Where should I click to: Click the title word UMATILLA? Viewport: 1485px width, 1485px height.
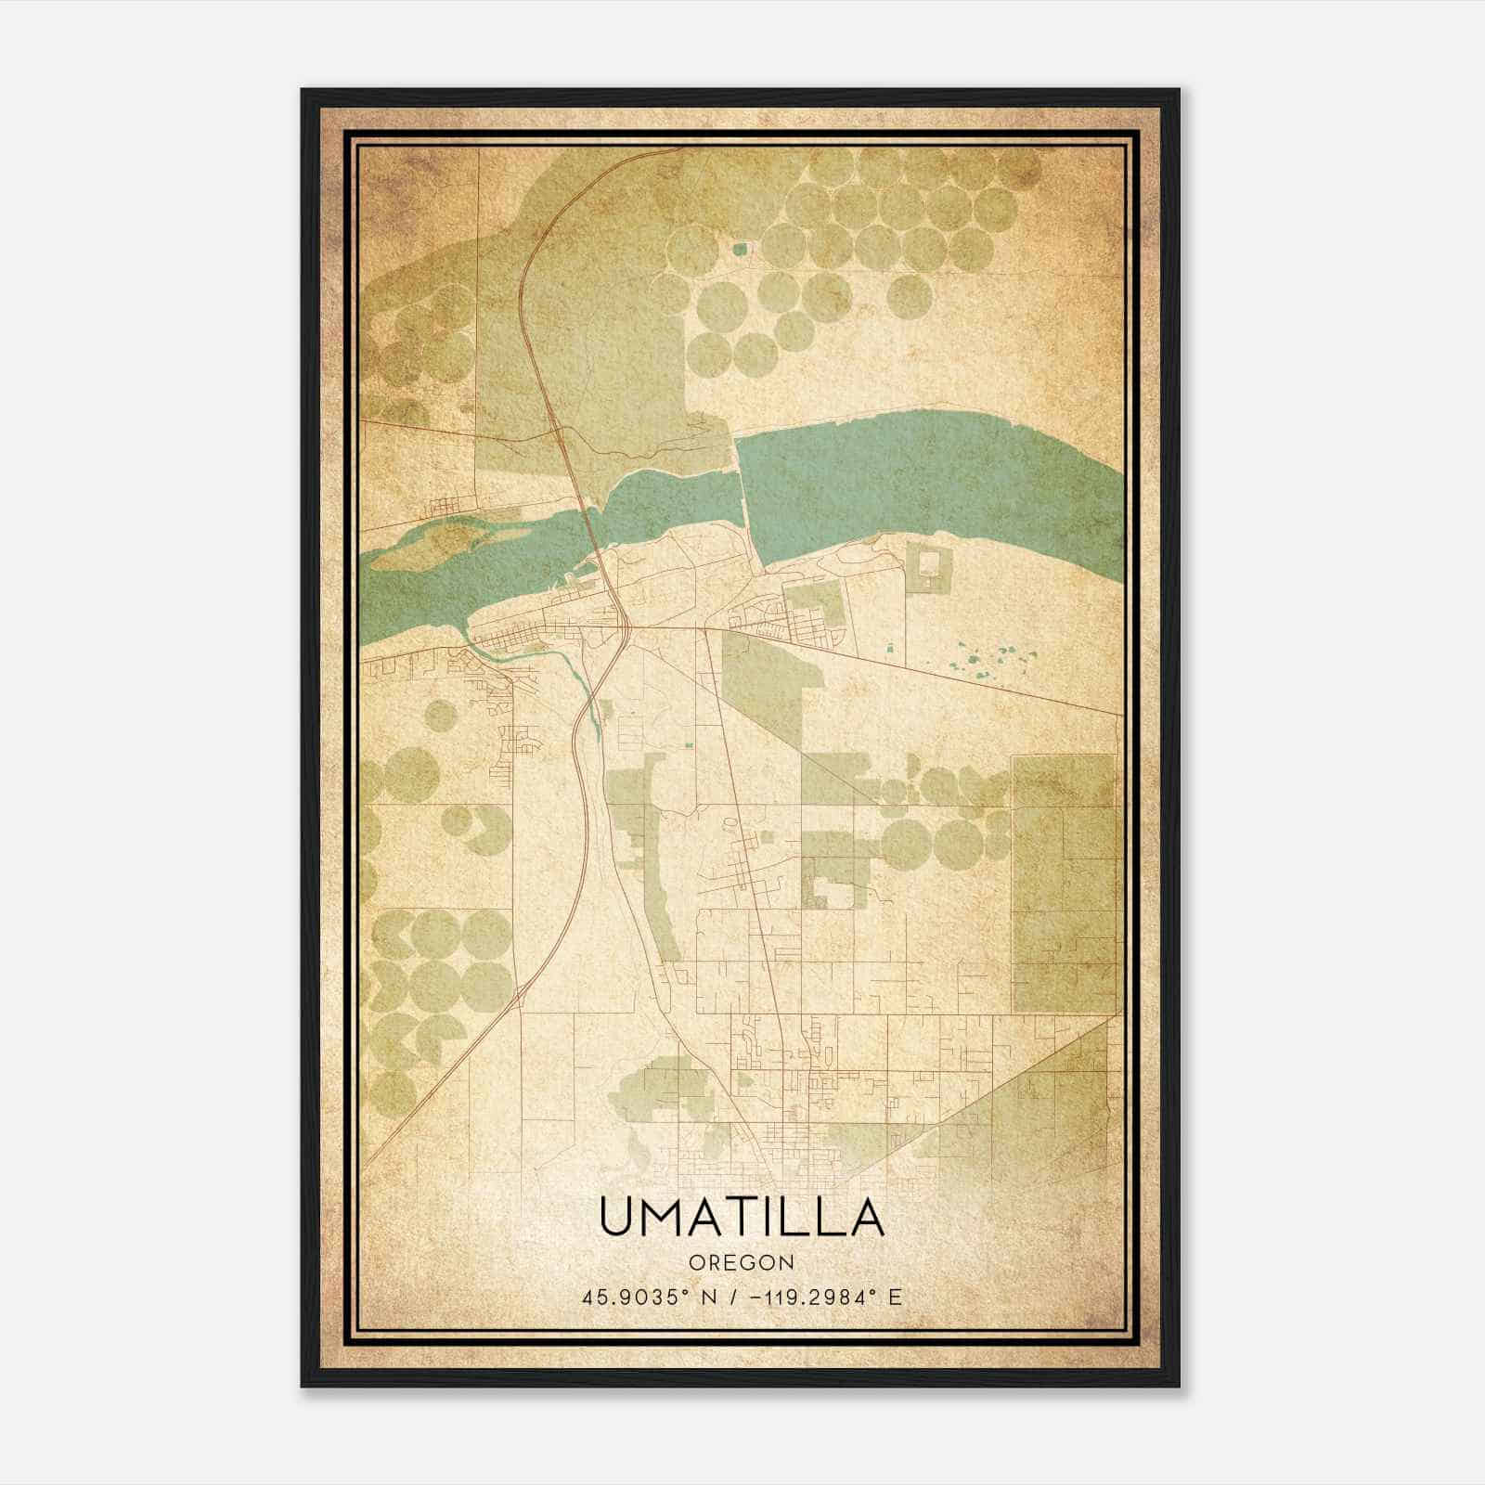coord(742,1218)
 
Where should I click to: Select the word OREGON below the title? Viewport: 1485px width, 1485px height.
coord(742,1262)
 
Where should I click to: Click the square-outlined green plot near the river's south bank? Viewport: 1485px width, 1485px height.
coord(928,567)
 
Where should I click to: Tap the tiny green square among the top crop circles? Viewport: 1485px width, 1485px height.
coord(740,249)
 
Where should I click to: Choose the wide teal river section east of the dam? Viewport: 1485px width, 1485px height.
coord(928,483)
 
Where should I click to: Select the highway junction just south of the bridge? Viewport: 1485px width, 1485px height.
coord(629,629)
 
